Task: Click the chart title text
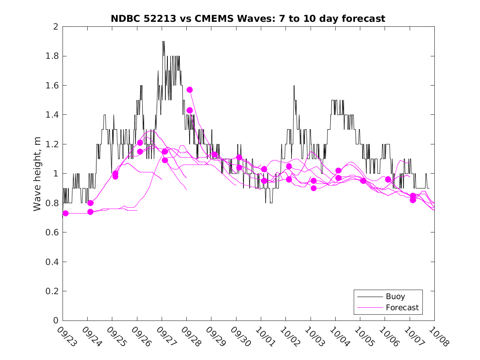pos(248,19)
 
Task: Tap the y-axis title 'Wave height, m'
pos(37,173)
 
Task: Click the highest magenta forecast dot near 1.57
pos(190,90)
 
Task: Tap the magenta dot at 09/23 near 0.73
pos(65,213)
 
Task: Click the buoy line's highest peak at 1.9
pos(163,42)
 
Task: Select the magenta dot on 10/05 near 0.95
pos(363,181)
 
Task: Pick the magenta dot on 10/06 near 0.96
pos(388,179)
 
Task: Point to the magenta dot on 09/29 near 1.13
pos(214,154)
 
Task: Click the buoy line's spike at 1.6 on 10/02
pos(294,86)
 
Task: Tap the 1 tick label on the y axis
pos(56,174)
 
